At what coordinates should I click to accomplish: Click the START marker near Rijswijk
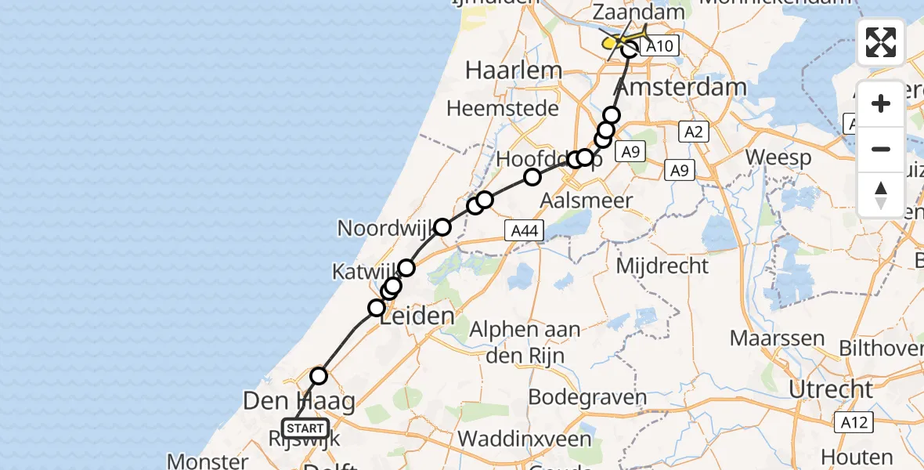(305, 428)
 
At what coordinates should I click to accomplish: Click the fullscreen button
(881, 42)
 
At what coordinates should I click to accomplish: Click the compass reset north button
(881, 195)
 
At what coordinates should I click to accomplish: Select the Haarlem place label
(513, 70)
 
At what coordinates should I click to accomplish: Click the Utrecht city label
(831, 389)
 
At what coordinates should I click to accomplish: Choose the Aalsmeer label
(587, 201)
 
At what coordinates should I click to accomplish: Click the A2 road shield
(693, 132)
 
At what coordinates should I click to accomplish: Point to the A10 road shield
(658, 46)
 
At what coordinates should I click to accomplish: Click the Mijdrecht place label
(662, 266)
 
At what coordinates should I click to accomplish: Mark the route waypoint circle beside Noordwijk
(442, 227)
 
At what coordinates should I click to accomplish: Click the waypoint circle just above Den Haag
(319, 376)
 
